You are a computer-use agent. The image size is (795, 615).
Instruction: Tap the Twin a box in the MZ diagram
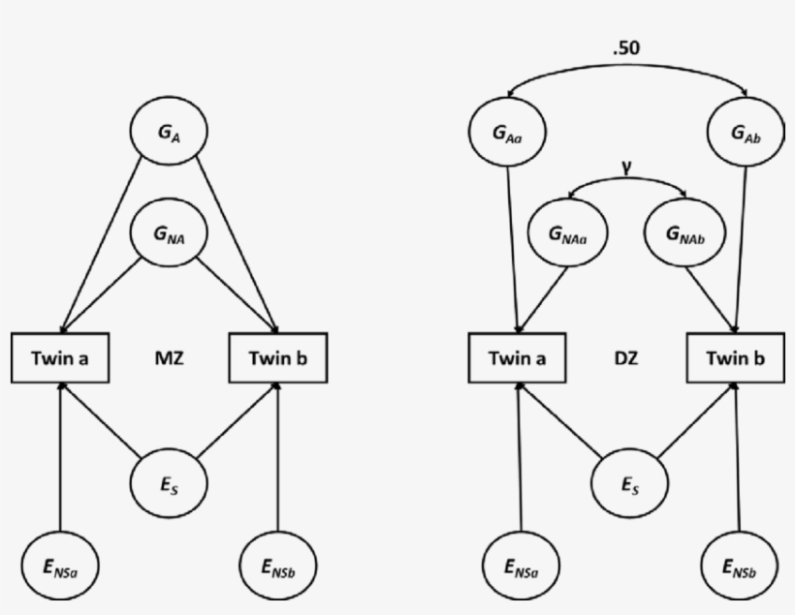[60, 357]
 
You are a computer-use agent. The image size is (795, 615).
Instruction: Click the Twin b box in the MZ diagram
[278, 357]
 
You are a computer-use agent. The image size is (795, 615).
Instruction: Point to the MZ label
[169, 358]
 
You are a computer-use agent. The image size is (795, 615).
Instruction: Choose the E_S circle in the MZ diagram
[170, 479]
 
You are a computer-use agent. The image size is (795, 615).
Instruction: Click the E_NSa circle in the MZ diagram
[60, 565]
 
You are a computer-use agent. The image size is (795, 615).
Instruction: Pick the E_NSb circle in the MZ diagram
[278, 565]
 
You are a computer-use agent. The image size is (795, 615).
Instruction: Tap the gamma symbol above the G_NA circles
[627, 166]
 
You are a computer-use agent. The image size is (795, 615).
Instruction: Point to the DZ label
[625, 358]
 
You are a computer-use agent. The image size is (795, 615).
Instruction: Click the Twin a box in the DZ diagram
[517, 357]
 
